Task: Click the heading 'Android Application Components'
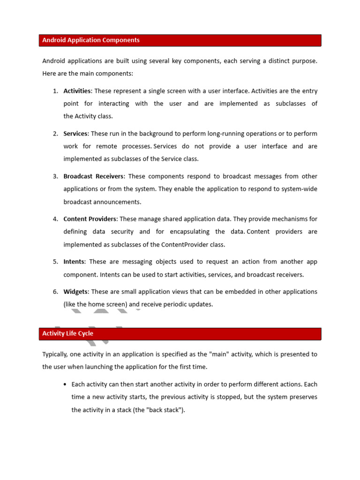click(91, 40)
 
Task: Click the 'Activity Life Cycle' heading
click(67, 334)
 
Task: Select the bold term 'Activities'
click(77, 91)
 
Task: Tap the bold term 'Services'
click(75, 134)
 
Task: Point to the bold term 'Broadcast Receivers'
click(94, 176)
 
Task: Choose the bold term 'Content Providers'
click(90, 219)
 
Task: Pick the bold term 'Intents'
click(74, 262)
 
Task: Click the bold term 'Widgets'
click(75, 292)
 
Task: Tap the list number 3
click(55, 176)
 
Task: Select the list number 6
click(55, 292)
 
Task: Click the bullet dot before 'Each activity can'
click(64, 384)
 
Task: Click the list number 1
click(55, 91)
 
